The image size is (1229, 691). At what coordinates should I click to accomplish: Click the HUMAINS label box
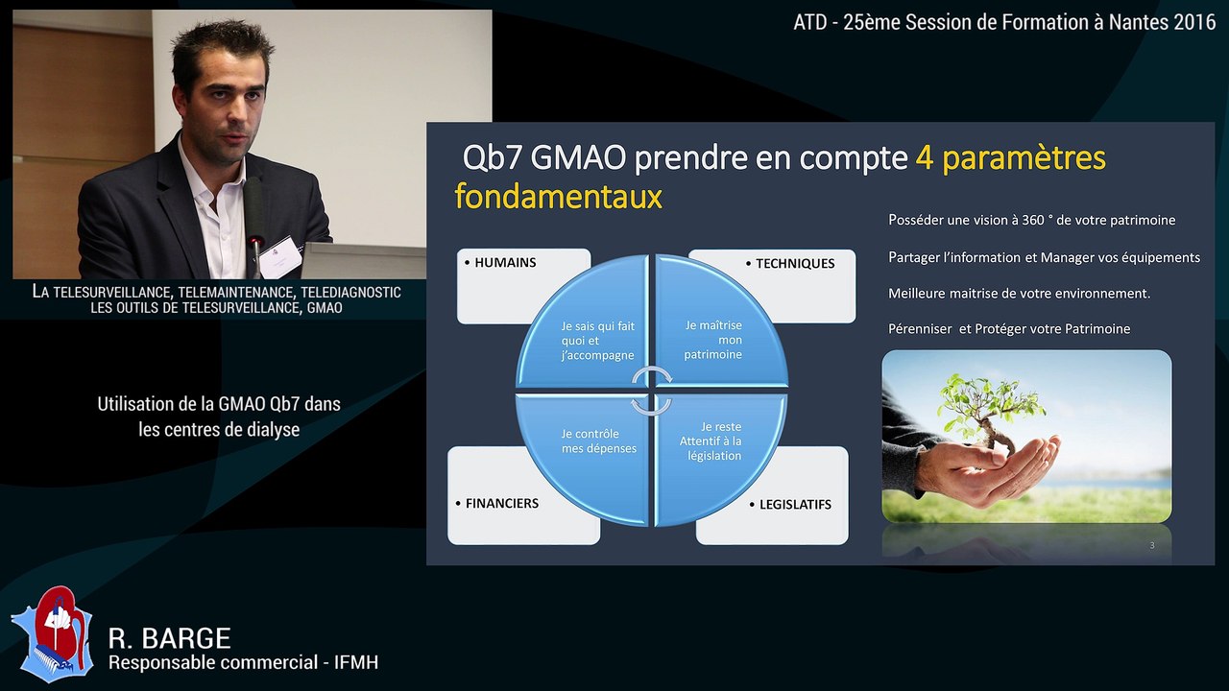tap(506, 263)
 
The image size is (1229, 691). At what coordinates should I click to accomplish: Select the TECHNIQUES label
tap(794, 264)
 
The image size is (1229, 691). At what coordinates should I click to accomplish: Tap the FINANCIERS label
tap(501, 503)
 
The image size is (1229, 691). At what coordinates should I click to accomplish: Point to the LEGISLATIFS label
tap(795, 504)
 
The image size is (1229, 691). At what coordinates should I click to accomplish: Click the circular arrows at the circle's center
tap(652, 390)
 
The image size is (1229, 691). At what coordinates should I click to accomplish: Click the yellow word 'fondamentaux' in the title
tap(558, 197)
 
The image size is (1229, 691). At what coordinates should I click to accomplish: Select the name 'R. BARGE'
tap(169, 638)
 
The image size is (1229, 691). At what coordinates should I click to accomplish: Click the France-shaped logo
tap(52, 632)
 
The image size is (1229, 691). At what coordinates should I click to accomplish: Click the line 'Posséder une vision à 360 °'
tap(1031, 221)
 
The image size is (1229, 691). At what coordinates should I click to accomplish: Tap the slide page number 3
tap(1152, 545)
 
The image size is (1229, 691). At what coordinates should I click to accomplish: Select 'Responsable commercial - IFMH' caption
tap(243, 662)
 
